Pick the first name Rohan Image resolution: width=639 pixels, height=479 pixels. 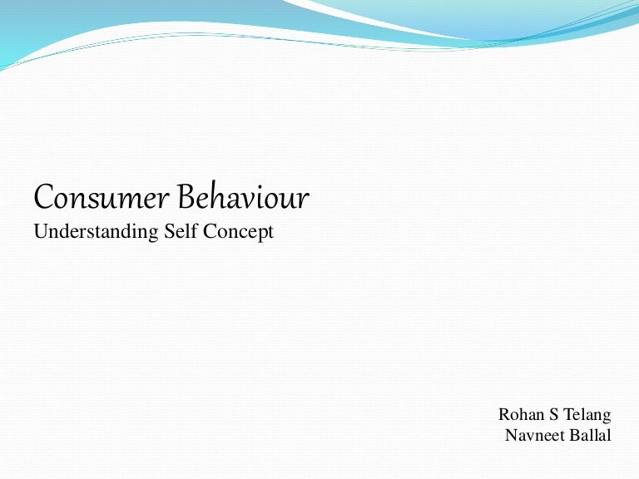[x=521, y=414]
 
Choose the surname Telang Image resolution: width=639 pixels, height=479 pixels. [x=587, y=415]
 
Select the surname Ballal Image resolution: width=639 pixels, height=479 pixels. [x=590, y=435]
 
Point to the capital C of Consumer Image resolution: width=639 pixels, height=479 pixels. [x=42, y=198]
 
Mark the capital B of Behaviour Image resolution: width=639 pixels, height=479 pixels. [x=184, y=198]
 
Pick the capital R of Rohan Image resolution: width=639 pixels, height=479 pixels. [x=504, y=414]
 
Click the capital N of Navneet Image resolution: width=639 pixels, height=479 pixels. [x=512, y=435]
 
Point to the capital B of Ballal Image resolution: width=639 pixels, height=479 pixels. [x=574, y=435]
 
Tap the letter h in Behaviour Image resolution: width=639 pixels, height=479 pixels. [x=213, y=197]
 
